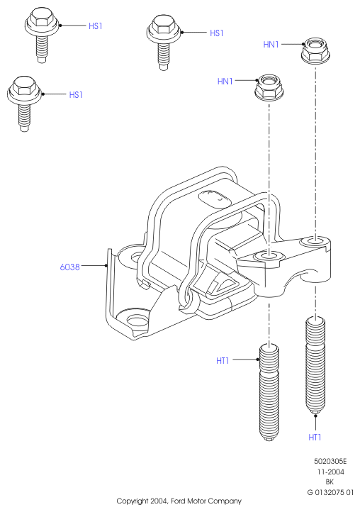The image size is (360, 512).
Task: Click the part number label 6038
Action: pyautogui.click(x=70, y=267)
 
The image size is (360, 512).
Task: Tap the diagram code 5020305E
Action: pyautogui.click(x=330, y=461)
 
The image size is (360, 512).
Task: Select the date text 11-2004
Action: pyautogui.click(x=331, y=472)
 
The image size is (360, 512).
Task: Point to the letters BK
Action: pyautogui.click(x=330, y=482)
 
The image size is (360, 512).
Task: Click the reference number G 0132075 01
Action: pyautogui.click(x=330, y=492)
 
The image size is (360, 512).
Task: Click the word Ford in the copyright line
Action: pyautogui.click(x=178, y=501)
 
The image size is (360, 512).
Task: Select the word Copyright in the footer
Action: pyautogui.click(x=133, y=501)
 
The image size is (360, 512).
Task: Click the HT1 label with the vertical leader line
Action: pyautogui.click(x=315, y=437)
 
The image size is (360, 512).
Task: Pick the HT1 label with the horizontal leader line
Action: pyautogui.click(x=223, y=360)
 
